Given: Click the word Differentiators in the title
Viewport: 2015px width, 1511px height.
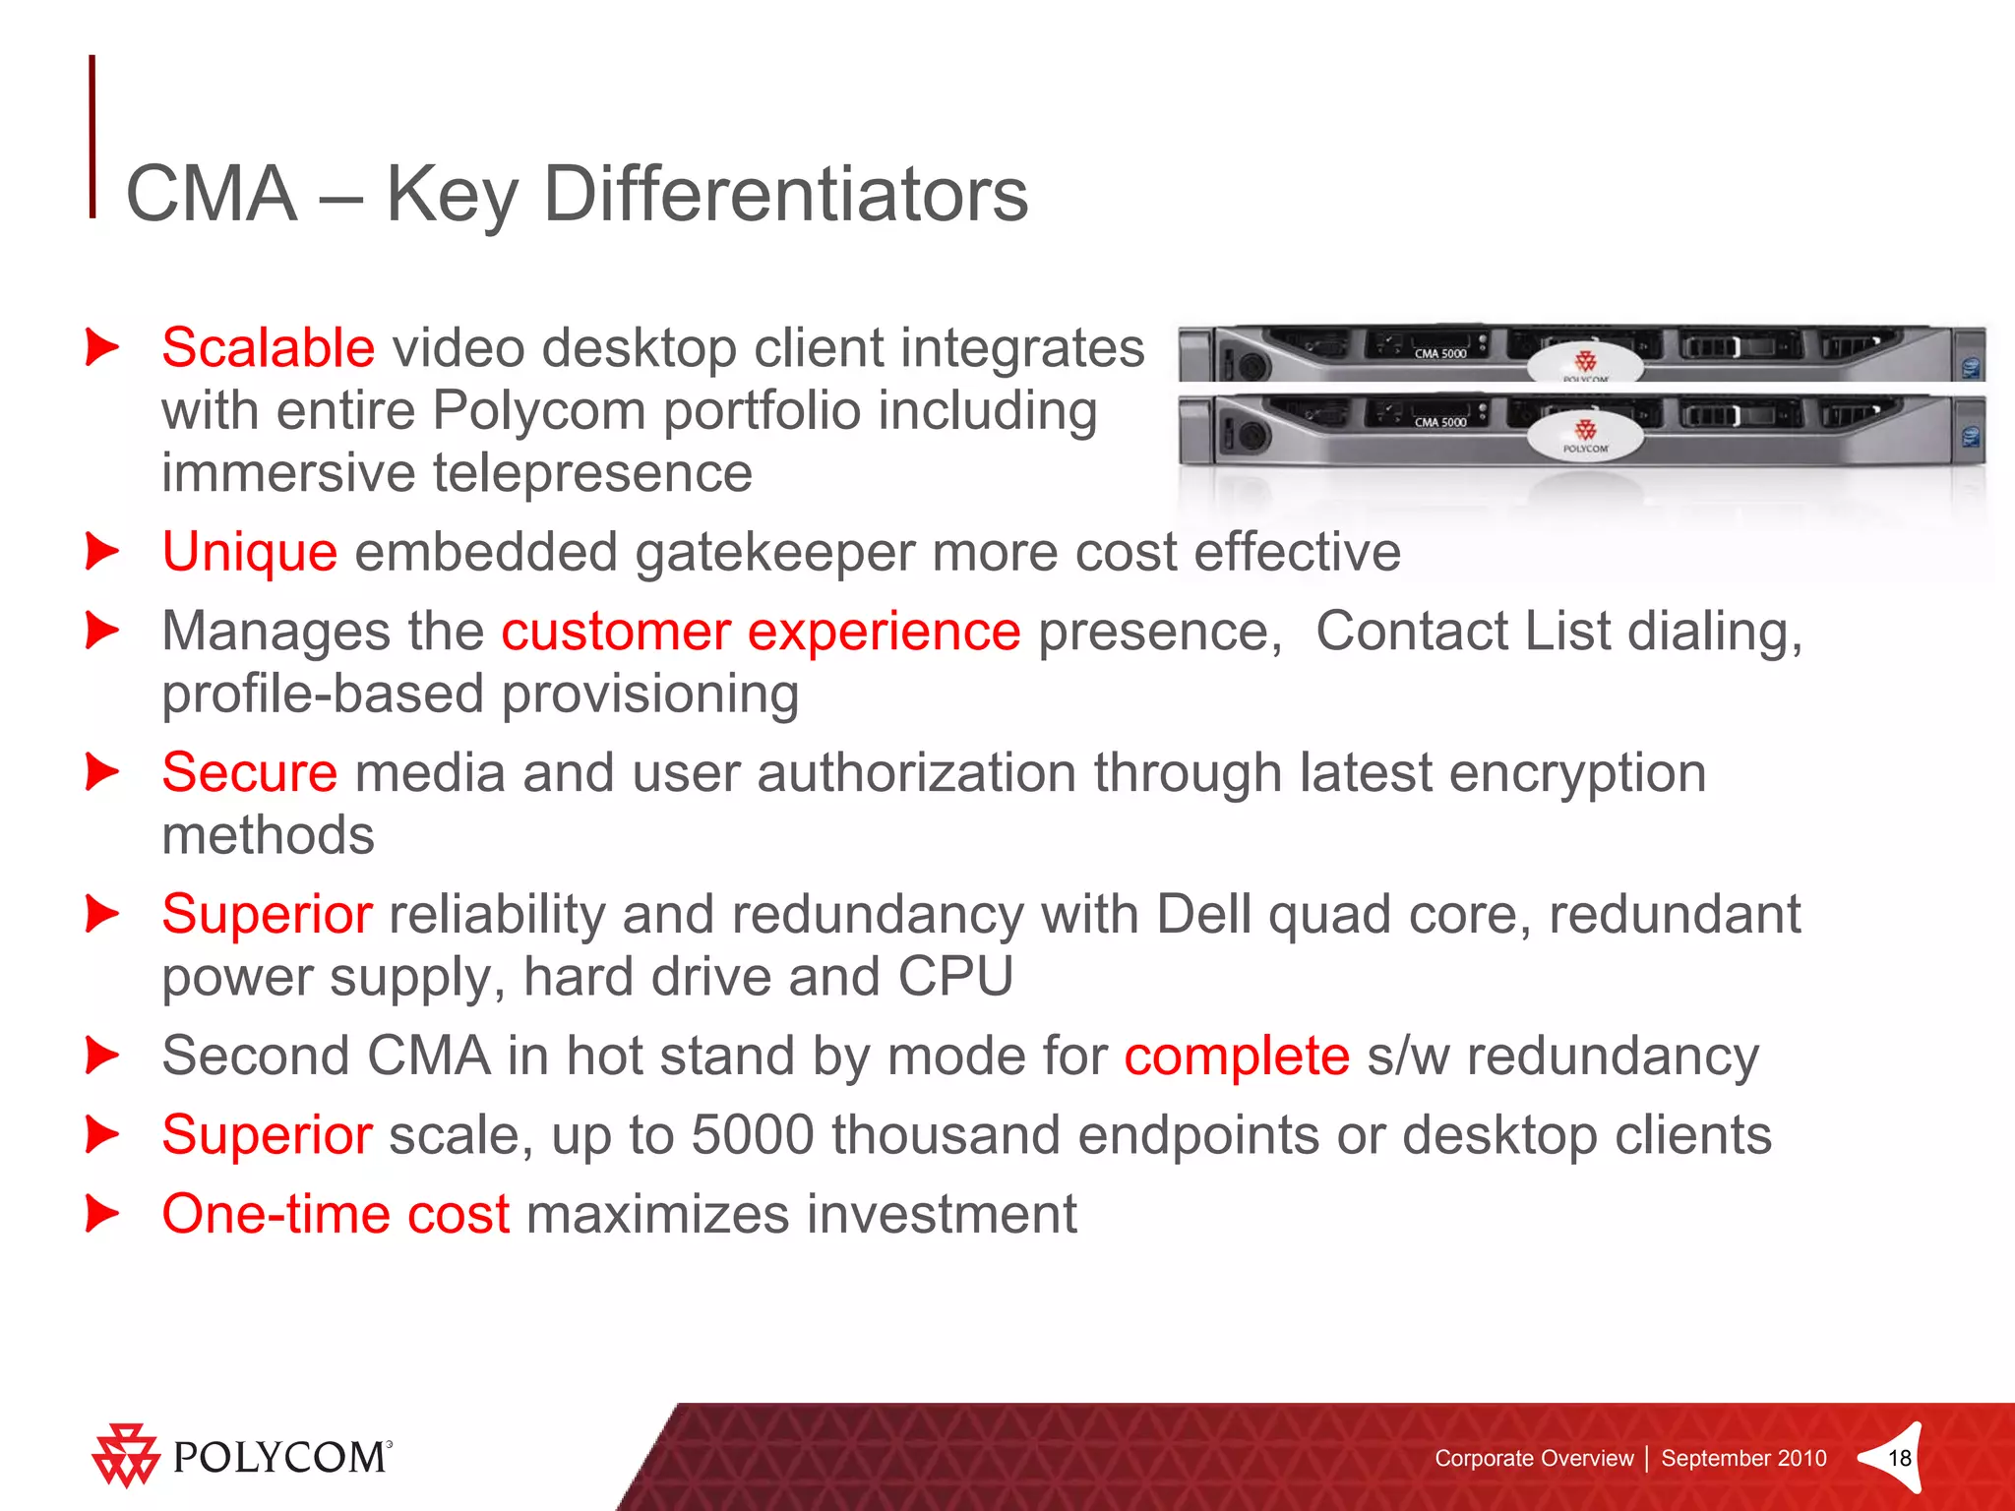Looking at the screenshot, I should pos(785,195).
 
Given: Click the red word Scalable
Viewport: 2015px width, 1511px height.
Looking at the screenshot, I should pos(268,348).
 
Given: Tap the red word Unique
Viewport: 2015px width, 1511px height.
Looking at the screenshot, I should pos(250,552).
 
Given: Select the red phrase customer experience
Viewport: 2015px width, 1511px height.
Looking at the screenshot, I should pos(761,632).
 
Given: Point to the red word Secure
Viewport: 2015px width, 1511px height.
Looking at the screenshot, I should pos(250,773).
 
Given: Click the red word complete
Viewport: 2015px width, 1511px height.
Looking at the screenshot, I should pos(1237,1058).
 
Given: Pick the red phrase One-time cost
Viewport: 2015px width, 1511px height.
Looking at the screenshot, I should pos(336,1214).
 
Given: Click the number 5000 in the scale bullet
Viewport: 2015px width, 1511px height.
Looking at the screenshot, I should pos(753,1135).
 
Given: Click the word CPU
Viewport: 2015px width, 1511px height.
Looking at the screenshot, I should pos(954,977).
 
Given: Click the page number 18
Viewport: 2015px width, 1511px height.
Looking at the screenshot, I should pos(1899,1458).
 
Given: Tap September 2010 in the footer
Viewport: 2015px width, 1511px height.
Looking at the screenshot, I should pos(1743,1458).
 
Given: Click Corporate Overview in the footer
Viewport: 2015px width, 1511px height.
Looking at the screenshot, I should pos(1533,1458).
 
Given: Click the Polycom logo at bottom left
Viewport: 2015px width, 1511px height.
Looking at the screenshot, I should pos(242,1456).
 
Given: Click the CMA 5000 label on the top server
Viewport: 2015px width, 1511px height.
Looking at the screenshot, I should pos(1439,353).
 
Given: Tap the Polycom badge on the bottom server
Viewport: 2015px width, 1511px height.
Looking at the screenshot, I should pos(1585,435).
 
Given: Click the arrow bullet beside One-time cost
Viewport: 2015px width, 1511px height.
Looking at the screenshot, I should pos(101,1214).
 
